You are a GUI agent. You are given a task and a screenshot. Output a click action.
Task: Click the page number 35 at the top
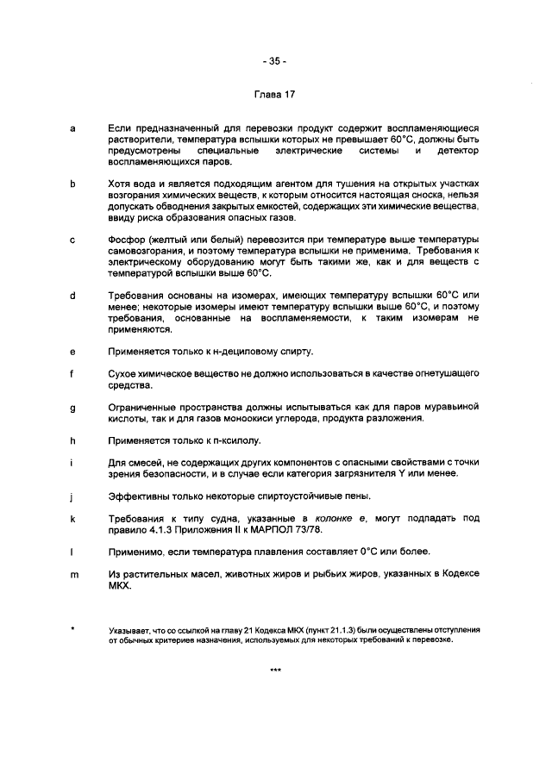pos(275,61)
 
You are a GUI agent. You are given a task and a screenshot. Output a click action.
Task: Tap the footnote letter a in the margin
pos(72,128)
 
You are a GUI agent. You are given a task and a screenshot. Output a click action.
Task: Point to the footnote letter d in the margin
pos(72,296)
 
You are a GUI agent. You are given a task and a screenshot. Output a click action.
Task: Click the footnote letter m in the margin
pos(73,574)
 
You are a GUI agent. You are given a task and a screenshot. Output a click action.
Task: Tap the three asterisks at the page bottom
pos(275,670)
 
